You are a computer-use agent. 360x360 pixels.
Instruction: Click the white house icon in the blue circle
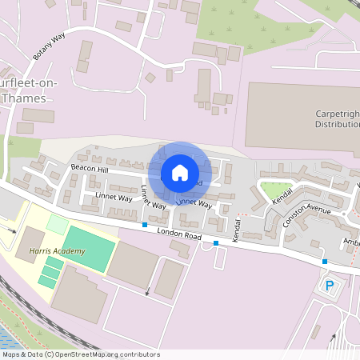coord(180,172)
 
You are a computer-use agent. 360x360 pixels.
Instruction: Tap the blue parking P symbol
coord(329,285)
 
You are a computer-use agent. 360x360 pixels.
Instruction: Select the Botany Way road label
coord(49,46)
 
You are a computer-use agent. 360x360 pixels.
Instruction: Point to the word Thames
coord(24,98)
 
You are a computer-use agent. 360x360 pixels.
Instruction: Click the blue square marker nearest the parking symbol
coord(325,262)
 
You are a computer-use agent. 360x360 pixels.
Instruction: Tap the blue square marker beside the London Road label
coord(144,226)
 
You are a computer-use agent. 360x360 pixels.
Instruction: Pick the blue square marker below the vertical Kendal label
coord(216,242)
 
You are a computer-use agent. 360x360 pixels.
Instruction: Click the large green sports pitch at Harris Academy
coord(88,247)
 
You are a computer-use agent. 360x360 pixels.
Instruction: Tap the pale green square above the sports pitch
coord(58,224)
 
